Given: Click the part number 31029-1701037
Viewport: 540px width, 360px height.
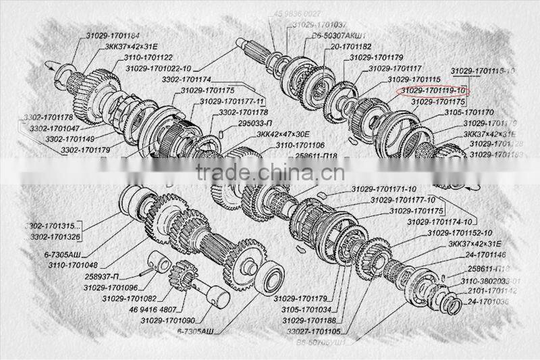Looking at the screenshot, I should point(319,25).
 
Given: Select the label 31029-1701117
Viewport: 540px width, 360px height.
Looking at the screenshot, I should point(395,69).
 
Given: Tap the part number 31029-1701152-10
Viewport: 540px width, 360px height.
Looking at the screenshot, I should point(460,233).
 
